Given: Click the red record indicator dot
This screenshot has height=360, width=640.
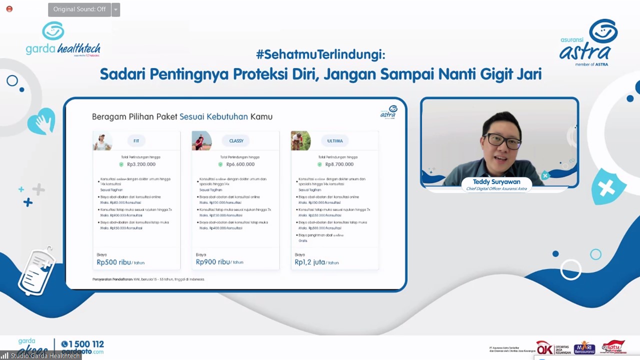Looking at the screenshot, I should pos(9,9).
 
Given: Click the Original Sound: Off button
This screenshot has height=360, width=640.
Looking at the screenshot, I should pos(79,9).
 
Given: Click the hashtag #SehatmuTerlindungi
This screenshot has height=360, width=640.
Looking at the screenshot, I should pos(320,54).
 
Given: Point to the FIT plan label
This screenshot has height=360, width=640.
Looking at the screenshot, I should pos(136,141).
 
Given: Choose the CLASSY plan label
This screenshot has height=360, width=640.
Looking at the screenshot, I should pos(236,141).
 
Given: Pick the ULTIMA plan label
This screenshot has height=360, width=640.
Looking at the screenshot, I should pos(335,141).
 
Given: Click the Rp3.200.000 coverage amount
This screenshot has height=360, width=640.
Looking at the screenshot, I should pos(141,164).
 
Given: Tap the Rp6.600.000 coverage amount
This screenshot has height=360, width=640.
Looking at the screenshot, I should pos(240,164).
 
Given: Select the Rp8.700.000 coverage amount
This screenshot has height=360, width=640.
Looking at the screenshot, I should pos(339,164).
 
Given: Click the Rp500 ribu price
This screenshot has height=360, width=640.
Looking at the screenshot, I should pos(114,262).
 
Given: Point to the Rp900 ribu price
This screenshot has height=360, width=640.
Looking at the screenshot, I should pos(213,262).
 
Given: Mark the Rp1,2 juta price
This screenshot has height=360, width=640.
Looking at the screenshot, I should pos(310,262).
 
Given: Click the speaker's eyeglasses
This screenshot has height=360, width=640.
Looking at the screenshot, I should pos(502,141).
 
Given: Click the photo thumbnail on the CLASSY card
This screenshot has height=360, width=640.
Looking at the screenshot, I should pos(201,141).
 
